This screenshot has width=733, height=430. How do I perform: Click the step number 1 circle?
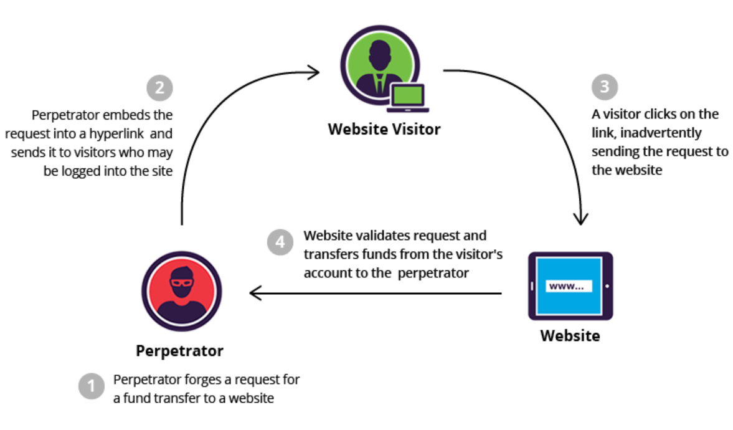(91, 386)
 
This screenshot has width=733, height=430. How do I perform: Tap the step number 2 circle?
(159, 88)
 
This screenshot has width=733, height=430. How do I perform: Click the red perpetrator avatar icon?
(181, 291)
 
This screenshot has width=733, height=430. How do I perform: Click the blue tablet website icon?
(570, 286)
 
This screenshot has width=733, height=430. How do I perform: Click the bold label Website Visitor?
(384, 130)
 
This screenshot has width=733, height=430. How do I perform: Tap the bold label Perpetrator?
(179, 351)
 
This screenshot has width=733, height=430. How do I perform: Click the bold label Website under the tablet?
(570, 336)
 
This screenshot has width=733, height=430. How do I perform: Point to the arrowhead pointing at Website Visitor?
(314, 72)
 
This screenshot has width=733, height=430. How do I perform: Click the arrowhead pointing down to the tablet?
(582, 219)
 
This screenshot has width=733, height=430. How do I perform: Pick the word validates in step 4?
(372, 237)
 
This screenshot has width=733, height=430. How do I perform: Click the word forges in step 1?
(186, 380)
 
